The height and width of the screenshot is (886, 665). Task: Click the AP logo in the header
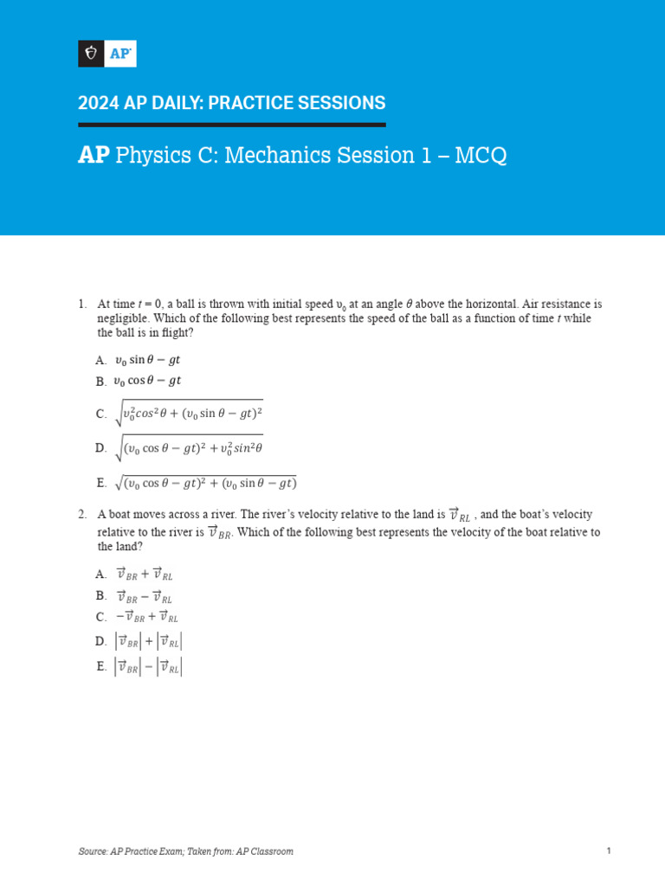107,54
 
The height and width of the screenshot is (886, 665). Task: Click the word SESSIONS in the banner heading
338,103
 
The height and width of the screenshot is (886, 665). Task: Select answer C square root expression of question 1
188,414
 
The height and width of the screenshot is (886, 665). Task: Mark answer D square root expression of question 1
188,447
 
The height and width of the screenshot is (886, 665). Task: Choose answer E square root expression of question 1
205,482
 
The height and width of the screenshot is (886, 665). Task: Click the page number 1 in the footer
609,851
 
